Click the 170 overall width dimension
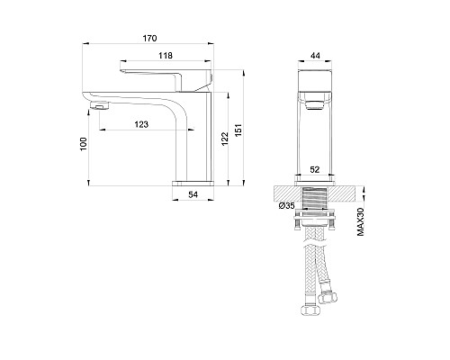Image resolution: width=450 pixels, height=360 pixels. (149, 39)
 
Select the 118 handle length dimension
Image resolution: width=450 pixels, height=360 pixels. (166, 56)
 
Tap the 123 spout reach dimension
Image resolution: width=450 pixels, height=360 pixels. (141, 124)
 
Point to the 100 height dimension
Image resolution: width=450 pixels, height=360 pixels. (84, 144)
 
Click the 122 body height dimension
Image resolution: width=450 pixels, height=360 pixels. (225, 139)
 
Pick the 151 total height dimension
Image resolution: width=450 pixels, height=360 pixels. (238, 130)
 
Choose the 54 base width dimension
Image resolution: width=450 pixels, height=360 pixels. (193, 194)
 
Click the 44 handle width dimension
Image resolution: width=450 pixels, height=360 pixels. (315, 56)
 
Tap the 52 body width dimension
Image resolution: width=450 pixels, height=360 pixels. (315, 169)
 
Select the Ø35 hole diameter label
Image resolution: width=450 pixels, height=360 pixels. (286, 205)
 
